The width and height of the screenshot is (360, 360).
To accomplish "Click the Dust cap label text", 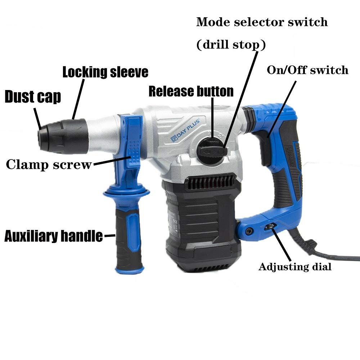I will tap(32, 97).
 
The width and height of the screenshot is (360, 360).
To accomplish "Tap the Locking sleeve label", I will tap(105, 72).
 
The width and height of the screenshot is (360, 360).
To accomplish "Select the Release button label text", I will tap(191, 91).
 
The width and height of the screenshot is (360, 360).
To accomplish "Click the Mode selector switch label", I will tap(262, 22).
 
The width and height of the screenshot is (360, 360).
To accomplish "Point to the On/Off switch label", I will tap(307, 70).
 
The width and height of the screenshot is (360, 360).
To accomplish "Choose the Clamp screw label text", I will tap(49, 165).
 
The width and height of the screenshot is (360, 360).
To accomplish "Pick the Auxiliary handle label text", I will tap(53, 237).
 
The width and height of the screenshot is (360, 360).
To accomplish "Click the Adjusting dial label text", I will tap(295, 267).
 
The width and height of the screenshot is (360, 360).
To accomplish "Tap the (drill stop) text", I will tap(230, 45).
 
